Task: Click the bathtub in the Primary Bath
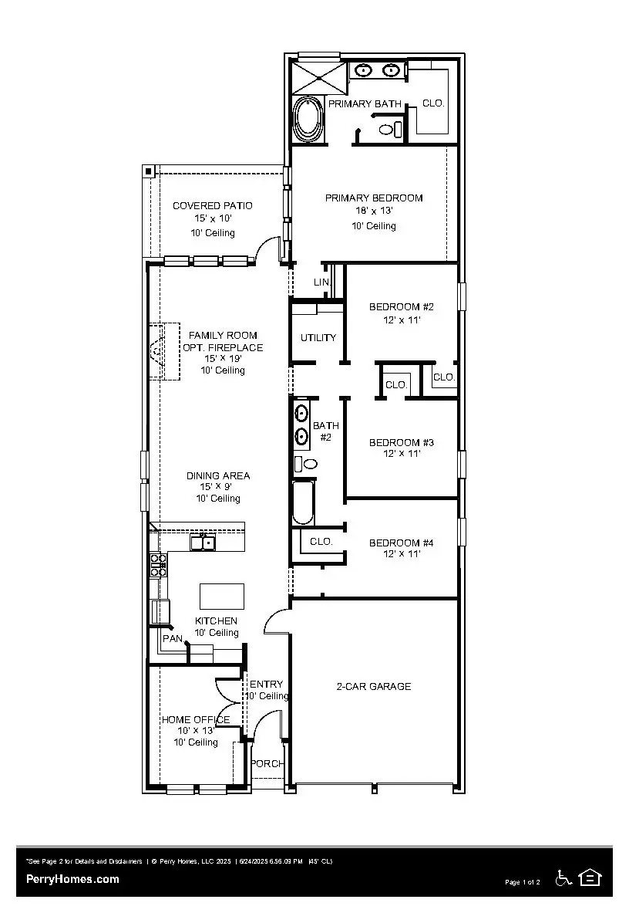(309, 118)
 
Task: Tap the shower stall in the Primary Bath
(317, 76)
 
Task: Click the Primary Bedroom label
(374, 198)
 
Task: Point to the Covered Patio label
(212, 206)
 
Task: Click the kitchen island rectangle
(222, 596)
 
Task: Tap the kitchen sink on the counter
(204, 543)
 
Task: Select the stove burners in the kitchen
(157, 564)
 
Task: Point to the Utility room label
(318, 337)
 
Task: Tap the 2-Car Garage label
(374, 686)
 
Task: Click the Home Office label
(196, 719)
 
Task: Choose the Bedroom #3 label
(401, 442)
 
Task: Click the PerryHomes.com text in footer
(72, 878)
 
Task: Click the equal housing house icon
(590, 877)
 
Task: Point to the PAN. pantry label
(173, 638)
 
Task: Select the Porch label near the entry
(267, 763)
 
